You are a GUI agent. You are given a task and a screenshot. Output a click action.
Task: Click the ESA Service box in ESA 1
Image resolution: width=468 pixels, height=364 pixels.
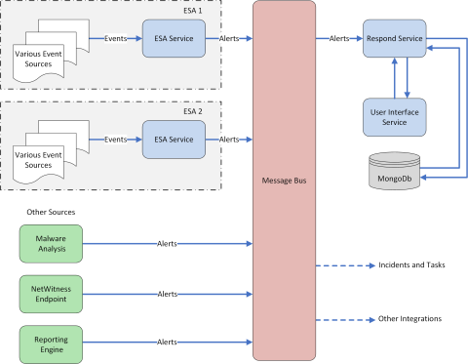tap(174, 38)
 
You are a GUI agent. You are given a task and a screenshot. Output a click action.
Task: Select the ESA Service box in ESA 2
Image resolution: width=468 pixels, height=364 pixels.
tap(174, 140)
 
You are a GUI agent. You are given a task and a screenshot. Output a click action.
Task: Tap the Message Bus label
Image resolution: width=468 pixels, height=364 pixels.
tap(284, 182)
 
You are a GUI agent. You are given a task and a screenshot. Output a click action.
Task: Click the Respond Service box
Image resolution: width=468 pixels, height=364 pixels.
tap(394, 38)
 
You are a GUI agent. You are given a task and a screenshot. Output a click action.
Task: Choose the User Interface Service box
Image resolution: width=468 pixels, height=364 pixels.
tap(394, 115)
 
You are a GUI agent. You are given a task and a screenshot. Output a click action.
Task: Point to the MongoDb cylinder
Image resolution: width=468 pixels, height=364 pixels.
tap(394, 172)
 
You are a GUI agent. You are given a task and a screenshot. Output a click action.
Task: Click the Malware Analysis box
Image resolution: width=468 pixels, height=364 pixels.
tap(51, 243)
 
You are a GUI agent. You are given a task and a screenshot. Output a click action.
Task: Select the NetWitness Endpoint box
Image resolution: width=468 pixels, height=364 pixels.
tap(51, 293)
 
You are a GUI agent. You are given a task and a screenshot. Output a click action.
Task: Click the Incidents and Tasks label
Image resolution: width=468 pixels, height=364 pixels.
tap(410, 265)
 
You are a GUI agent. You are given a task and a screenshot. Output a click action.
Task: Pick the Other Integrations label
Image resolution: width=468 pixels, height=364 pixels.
tap(409, 319)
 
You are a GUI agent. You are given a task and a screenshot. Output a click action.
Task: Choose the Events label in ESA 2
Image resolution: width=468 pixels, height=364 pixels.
tap(115, 140)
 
